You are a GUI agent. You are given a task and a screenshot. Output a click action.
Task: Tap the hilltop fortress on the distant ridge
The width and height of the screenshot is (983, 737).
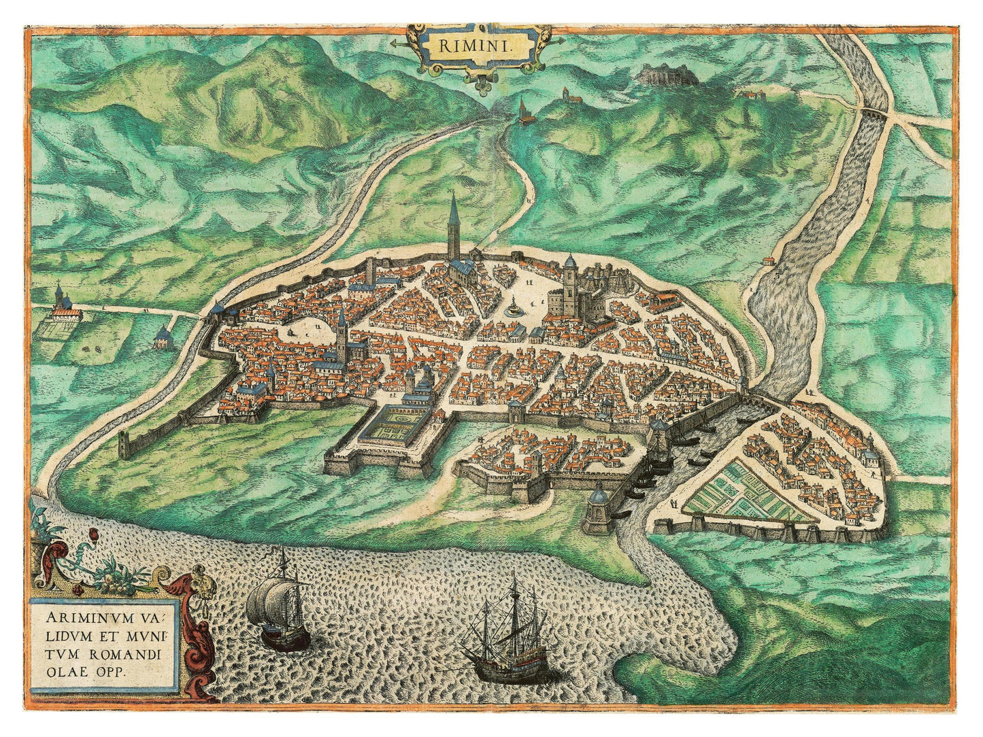pyautogui.click(x=667, y=75)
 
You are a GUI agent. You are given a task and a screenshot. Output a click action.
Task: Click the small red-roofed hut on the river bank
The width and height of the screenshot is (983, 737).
pyautogui.click(x=768, y=260)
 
